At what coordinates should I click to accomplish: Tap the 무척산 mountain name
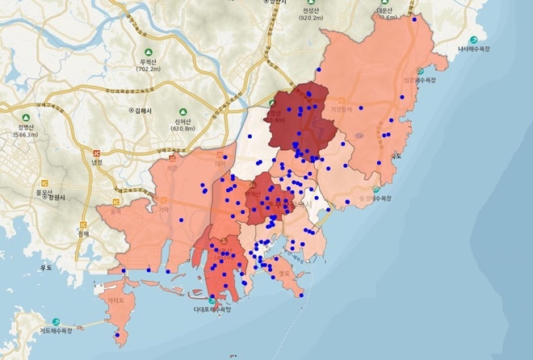coord(147,61)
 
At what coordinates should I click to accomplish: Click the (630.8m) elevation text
coord(183,128)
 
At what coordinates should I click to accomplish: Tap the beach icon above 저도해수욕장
coord(55,320)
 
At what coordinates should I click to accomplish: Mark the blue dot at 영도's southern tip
coord(300,295)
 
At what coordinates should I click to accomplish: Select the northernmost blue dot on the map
coord(414,19)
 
